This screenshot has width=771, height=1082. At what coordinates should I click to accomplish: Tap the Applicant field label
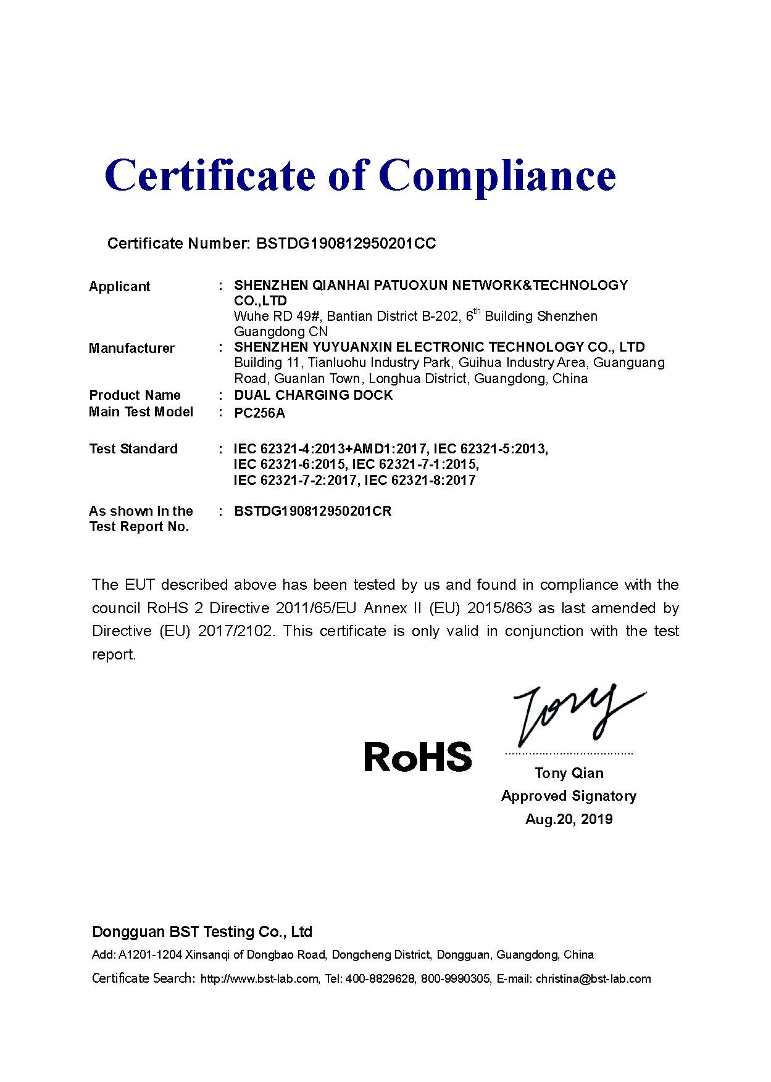(x=119, y=286)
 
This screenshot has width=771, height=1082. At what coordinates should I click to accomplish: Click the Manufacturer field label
(x=131, y=348)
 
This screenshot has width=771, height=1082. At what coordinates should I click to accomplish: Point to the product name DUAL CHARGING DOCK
(x=314, y=395)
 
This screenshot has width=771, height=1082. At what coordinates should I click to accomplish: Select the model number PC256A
(x=260, y=413)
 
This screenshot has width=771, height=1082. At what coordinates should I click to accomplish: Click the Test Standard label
(x=133, y=448)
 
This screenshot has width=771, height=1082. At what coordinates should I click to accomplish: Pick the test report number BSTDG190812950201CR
(x=313, y=511)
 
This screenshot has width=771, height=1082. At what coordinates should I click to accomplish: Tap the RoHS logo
(x=418, y=756)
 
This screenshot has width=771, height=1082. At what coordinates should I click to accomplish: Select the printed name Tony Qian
(x=569, y=773)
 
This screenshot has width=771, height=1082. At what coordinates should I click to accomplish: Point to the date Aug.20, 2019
(x=569, y=819)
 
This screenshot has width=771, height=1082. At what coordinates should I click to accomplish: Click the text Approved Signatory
(x=569, y=796)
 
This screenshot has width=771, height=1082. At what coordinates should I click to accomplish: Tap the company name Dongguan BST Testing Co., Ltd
(x=202, y=931)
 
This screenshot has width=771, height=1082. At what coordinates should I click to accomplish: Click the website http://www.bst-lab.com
(x=260, y=979)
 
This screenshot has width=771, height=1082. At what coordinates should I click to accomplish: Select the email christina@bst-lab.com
(x=593, y=979)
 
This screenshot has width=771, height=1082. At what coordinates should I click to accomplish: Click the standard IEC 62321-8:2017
(x=420, y=480)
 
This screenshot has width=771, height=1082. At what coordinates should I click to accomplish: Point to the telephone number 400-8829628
(x=380, y=979)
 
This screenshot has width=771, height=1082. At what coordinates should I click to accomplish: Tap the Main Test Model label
(x=141, y=411)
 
